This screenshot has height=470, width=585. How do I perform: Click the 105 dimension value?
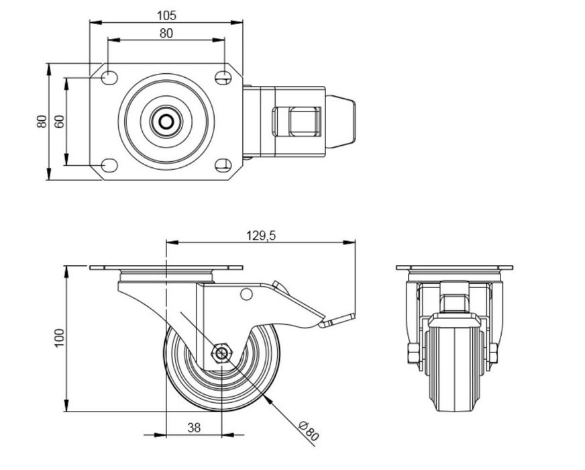click(x=166, y=15)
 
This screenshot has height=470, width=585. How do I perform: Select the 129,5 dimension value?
click(x=261, y=236)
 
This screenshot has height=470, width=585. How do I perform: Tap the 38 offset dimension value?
click(x=194, y=428)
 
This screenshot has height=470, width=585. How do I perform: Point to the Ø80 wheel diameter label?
click(x=309, y=430)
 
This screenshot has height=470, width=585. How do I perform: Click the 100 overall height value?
click(x=60, y=338)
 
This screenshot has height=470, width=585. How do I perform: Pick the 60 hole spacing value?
click(x=60, y=122)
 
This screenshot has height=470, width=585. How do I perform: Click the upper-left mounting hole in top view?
click(x=110, y=78)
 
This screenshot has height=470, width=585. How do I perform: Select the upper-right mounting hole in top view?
click(x=223, y=78)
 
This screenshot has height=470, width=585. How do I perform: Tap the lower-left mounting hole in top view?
click(x=110, y=165)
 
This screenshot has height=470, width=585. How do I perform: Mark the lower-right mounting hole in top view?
click(x=223, y=165)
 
